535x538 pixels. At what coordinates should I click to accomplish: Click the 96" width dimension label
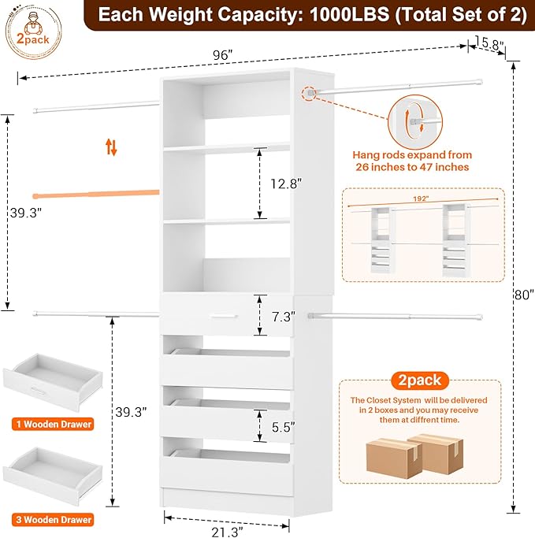tap(222, 55)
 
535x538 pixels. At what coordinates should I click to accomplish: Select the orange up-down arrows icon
tap(112, 147)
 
